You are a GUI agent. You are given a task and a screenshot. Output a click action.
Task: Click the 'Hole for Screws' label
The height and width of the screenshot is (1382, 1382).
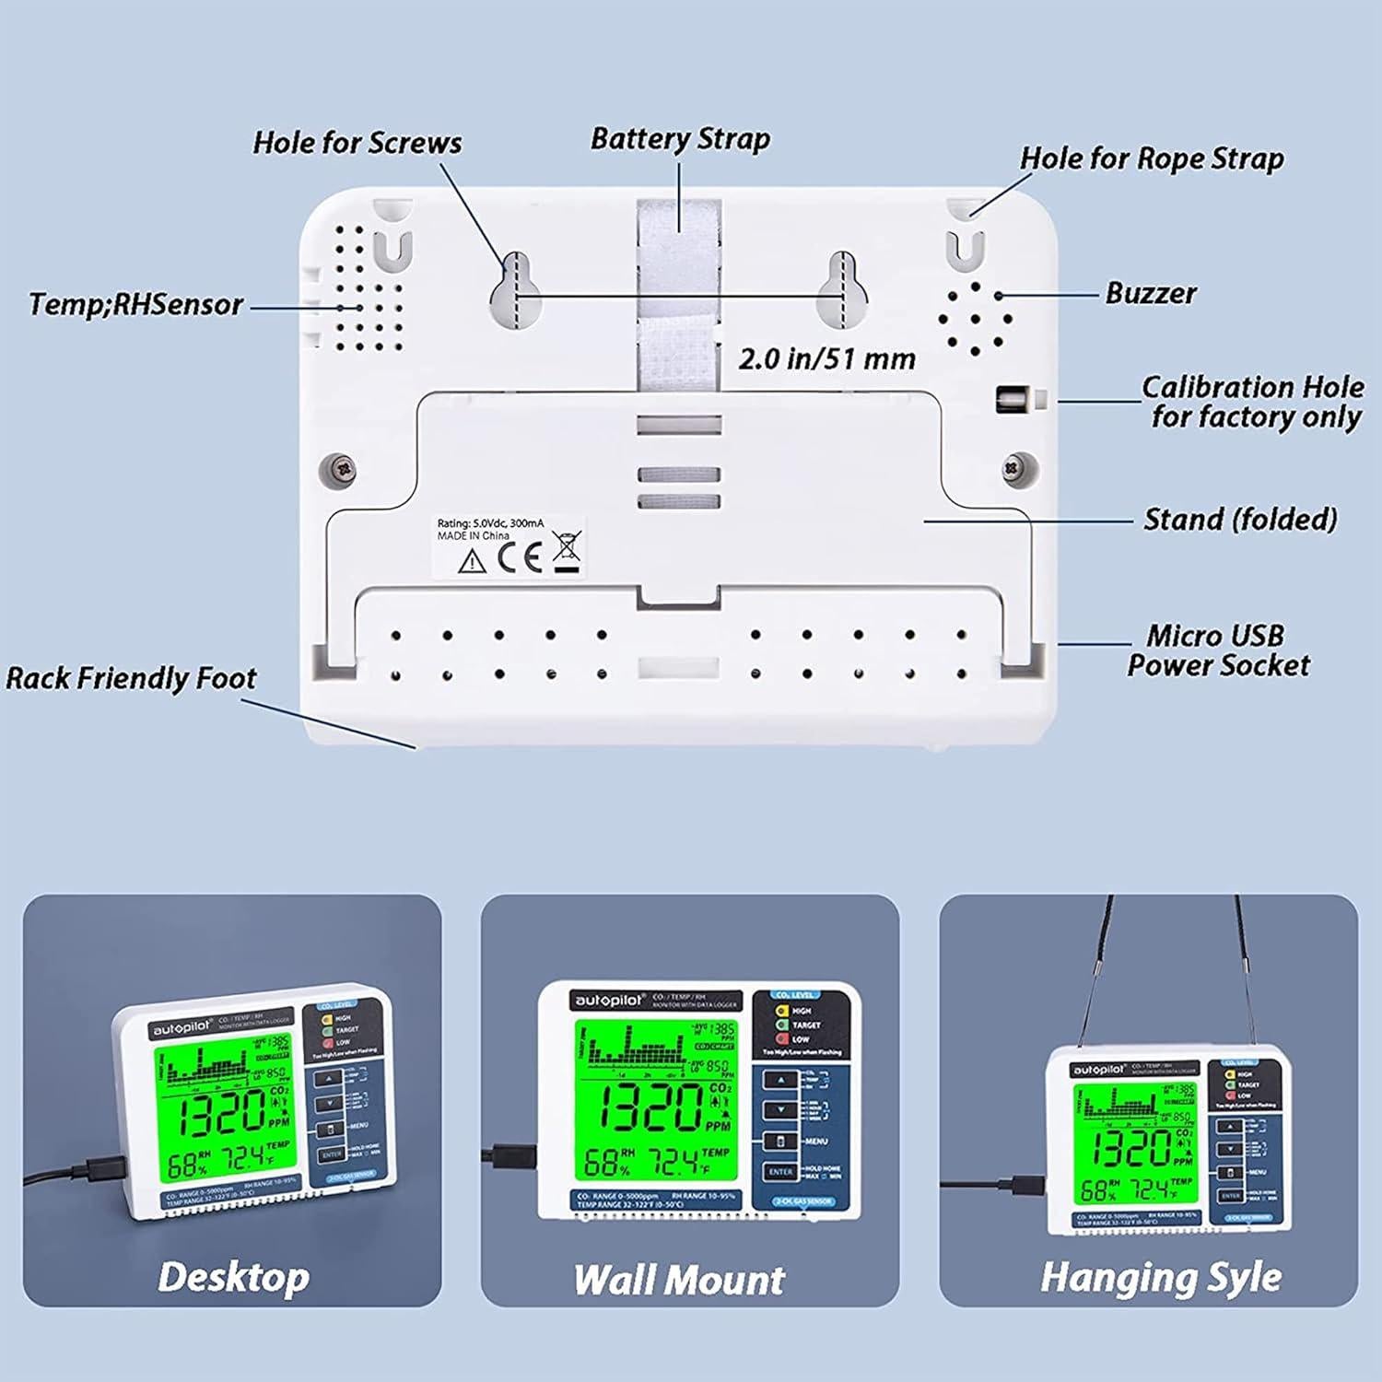click(x=357, y=143)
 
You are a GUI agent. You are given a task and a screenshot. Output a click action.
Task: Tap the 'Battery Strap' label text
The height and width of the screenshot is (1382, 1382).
click(x=680, y=139)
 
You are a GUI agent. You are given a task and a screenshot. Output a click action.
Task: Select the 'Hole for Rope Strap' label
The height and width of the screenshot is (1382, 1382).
click(x=1151, y=158)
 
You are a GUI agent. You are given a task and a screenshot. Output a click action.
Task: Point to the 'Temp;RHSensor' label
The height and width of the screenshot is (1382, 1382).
click(x=135, y=305)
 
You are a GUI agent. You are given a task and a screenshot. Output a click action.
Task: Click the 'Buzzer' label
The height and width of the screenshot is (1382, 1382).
click(x=1150, y=294)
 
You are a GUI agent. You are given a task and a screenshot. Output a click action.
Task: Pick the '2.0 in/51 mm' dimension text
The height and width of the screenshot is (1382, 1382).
click(x=826, y=358)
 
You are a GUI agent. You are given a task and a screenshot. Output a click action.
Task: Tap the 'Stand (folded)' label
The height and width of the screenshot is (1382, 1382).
click(x=1239, y=520)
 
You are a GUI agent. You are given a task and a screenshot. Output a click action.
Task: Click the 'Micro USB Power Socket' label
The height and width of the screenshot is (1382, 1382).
click(x=1217, y=650)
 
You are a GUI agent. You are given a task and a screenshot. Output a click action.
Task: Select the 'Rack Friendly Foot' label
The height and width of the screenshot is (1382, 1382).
click(x=131, y=679)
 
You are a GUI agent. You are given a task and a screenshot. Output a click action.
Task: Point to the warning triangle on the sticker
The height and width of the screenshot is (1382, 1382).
click(x=472, y=560)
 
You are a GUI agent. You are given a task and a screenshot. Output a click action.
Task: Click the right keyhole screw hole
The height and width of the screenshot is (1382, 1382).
click(x=841, y=290)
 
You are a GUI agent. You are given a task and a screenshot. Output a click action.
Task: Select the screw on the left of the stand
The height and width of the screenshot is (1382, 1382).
click(x=342, y=469)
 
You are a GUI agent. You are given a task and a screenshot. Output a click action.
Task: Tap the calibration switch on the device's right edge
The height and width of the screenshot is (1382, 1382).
click(x=1013, y=400)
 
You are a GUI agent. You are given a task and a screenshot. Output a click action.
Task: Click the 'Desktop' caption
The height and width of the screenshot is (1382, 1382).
click(x=233, y=1277)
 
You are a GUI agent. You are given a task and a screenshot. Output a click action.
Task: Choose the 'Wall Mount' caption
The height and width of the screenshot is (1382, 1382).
click(x=679, y=1280)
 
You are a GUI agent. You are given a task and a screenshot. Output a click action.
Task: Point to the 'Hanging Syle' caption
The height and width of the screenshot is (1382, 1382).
click(x=1160, y=1278)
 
